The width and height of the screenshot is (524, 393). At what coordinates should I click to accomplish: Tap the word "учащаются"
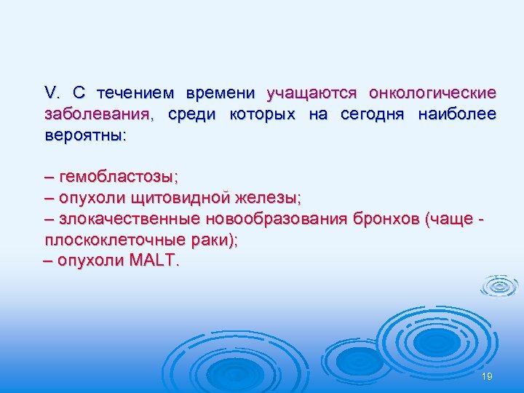pos(311,93)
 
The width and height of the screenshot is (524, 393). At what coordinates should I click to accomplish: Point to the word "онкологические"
pos(433,93)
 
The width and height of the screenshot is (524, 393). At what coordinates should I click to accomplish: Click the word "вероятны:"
pos(84,135)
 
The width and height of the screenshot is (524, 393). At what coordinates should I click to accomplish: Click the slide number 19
pos(487,375)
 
